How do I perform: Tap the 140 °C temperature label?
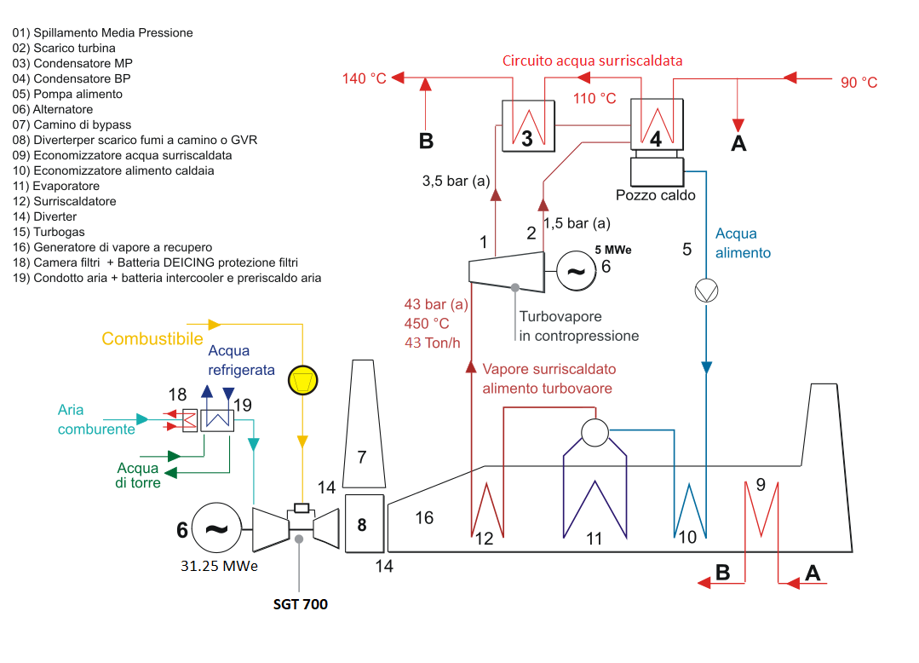click(364, 79)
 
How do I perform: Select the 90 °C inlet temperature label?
click(859, 83)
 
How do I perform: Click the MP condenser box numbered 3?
click(526, 125)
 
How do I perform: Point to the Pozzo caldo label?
click(656, 195)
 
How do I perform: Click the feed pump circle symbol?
click(706, 291)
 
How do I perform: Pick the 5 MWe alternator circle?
click(577, 271)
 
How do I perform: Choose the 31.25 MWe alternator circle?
click(216, 528)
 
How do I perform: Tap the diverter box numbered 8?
click(364, 523)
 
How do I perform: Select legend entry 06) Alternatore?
click(53, 110)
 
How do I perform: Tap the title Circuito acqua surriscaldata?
click(592, 61)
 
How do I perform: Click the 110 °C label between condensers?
click(594, 99)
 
